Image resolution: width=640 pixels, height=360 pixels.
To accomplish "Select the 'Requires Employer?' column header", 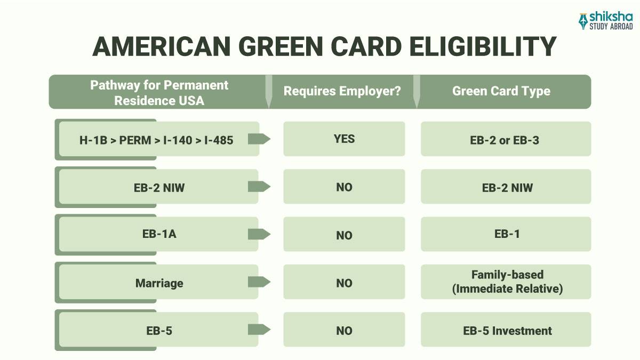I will click(x=342, y=91).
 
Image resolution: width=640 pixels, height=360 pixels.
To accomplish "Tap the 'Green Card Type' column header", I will click(x=501, y=91).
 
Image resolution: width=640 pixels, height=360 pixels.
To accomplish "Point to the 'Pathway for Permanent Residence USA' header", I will click(x=159, y=92).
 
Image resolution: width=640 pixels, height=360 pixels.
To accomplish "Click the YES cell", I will click(x=344, y=139).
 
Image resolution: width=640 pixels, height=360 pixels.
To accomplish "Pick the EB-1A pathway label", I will click(x=159, y=234).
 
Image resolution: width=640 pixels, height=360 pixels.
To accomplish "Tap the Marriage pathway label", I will click(x=159, y=283).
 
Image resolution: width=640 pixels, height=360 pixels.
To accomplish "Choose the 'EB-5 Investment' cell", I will click(x=507, y=331).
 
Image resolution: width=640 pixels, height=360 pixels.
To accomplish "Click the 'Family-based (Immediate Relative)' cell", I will click(x=507, y=282).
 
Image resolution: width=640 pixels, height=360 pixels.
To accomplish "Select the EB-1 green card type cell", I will click(x=507, y=234).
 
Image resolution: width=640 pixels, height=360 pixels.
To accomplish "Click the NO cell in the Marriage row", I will click(x=344, y=283).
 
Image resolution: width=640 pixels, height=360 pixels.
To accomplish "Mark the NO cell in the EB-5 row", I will click(x=344, y=331).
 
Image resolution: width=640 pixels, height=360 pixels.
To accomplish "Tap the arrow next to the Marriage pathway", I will click(x=259, y=282).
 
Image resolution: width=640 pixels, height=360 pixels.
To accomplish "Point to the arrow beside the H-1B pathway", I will click(x=259, y=139).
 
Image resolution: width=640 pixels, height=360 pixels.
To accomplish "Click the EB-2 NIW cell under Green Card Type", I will click(x=507, y=187).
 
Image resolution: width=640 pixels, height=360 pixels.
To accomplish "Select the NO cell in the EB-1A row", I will click(x=344, y=235).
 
